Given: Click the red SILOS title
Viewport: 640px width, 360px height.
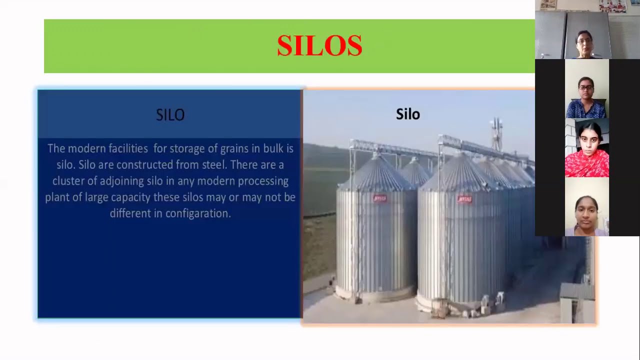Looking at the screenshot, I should coord(319,46).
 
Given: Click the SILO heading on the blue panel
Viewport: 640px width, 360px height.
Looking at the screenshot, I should coord(170,115).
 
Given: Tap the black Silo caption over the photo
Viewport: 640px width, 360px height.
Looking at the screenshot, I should coord(407,114).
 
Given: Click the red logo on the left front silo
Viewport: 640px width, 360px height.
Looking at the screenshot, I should coord(380,198).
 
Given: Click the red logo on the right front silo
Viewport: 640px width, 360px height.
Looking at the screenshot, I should coord(464,199).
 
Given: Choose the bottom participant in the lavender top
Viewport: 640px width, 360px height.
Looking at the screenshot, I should coord(586,207).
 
